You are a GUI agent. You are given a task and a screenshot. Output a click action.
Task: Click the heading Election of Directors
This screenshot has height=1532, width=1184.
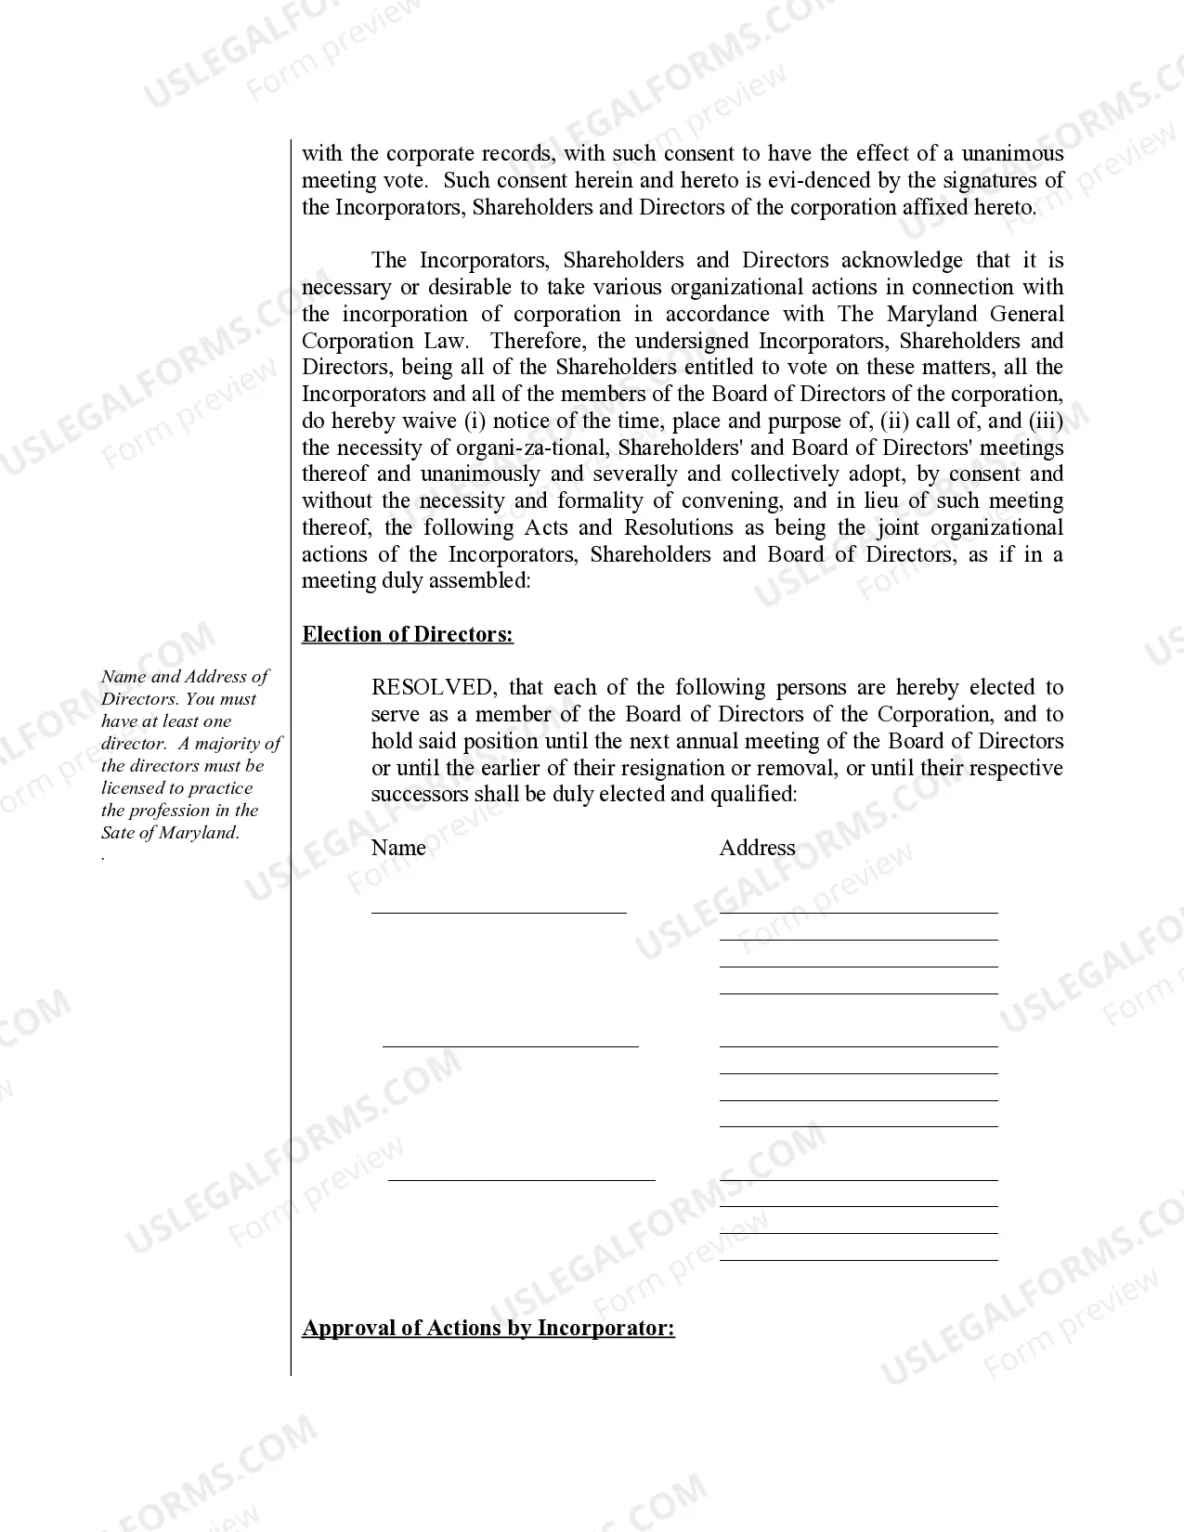[408, 634]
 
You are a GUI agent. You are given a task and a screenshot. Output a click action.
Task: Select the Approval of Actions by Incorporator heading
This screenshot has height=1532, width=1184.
[488, 1328]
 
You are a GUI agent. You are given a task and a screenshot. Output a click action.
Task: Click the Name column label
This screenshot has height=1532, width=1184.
[398, 848]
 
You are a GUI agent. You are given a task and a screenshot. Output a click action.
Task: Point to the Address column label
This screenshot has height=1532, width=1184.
[757, 848]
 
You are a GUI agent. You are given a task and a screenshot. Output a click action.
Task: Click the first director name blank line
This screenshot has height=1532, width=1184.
[499, 912]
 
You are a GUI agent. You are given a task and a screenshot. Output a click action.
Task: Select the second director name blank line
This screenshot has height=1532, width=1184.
[511, 1045]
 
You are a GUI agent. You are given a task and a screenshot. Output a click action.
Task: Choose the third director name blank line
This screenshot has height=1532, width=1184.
[521, 1179]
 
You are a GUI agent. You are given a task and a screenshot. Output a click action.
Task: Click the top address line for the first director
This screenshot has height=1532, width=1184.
[858, 912]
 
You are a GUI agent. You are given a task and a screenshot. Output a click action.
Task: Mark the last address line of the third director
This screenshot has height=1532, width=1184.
[858, 1259]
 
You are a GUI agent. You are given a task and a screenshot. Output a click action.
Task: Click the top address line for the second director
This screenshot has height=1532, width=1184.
[858, 1045]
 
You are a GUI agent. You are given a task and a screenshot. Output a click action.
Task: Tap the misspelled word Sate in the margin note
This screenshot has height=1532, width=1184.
[118, 833]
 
